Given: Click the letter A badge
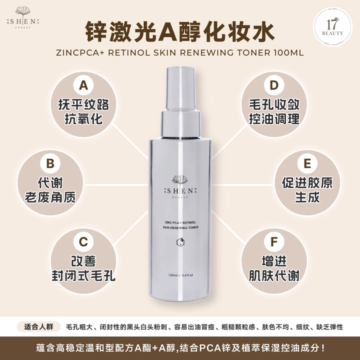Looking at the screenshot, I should [x=83, y=86].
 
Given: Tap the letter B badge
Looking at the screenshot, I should [x=50, y=163].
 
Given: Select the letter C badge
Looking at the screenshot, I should [x=83, y=242].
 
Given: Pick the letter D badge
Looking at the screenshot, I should [x=273, y=86].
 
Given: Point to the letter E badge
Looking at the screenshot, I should [x=307, y=163].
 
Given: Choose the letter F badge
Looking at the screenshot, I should [x=273, y=242].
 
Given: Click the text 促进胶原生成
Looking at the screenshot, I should [x=307, y=189].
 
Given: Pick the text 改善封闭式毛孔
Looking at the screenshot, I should [x=83, y=268].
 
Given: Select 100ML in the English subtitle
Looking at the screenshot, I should [x=287, y=51].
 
